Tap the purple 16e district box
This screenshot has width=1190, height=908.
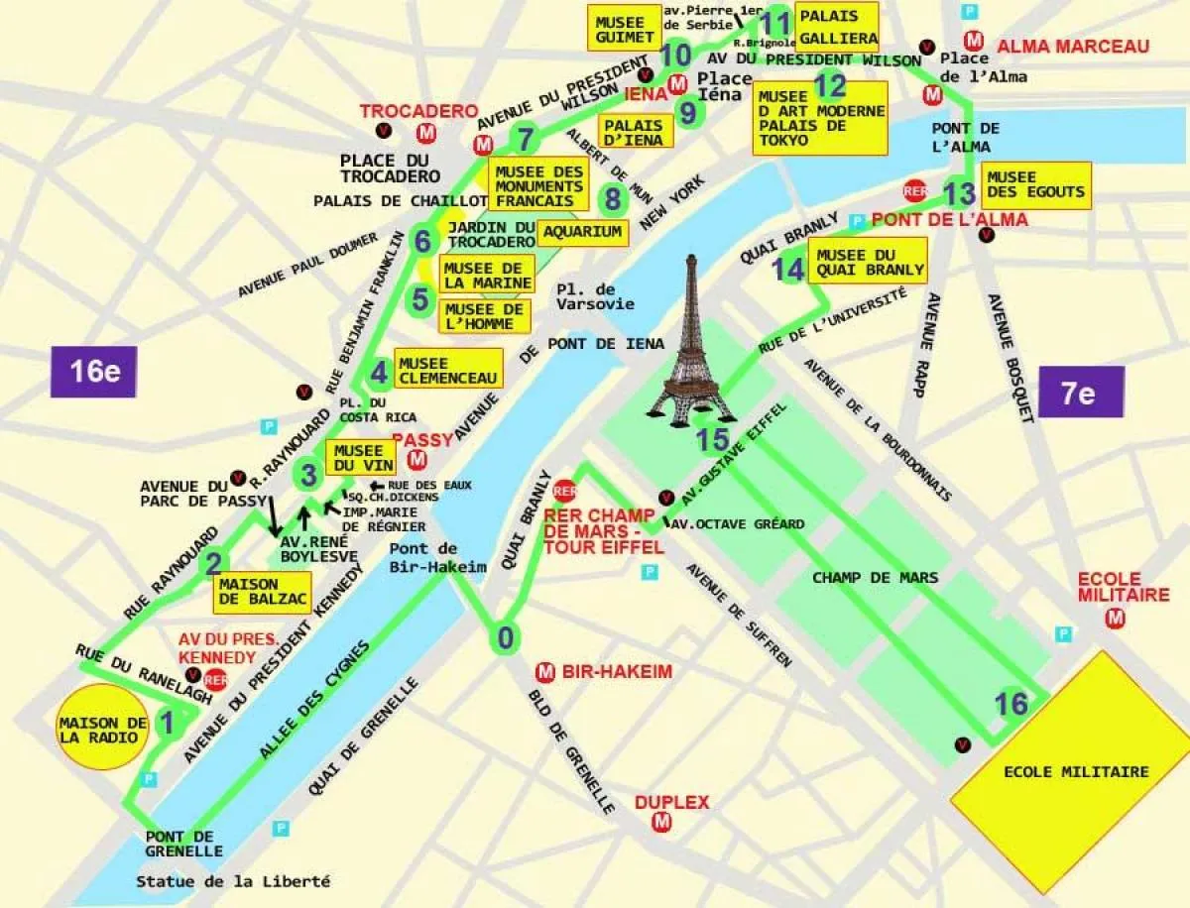[x=93, y=371]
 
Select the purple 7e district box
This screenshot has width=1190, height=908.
[x=1080, y=392]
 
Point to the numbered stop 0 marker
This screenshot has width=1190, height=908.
[x=506, y=638]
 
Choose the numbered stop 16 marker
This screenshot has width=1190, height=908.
[x=1011, y=703]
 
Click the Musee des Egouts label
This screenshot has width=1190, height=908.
[x=1035, y=184]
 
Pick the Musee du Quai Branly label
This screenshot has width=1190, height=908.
[x=870, y=262]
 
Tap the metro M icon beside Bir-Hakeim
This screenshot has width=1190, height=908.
[x=543, y=672]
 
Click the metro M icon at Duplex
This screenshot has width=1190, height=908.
[x=661, y=822]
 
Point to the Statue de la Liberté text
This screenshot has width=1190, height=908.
[x=233, y=881]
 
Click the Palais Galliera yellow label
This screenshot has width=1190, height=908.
[x=837, y=28]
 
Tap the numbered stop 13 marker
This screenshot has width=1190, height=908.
[x=959, y=193]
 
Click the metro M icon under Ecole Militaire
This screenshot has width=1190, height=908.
[x=1116, y=620]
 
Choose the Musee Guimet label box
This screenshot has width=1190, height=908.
[x=623, y=29]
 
